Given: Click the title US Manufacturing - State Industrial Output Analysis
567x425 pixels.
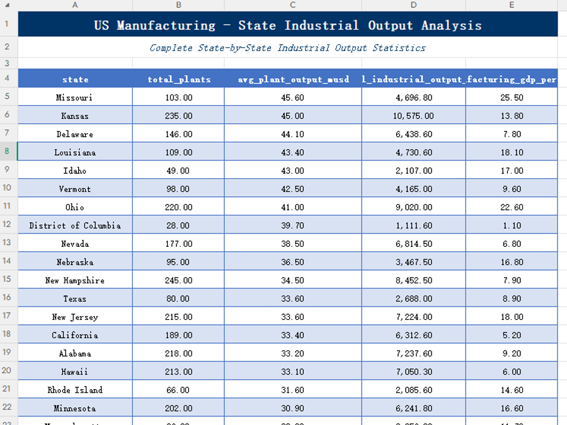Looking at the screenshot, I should coord(288,25).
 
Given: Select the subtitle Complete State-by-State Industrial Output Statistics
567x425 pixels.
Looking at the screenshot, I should coord(288,48).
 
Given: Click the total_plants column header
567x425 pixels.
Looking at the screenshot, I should coord(179,79).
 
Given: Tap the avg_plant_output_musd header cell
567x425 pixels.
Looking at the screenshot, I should coord(293,79).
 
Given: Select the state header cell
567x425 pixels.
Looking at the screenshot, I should coord(75,79).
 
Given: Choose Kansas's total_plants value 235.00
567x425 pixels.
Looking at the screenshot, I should coord(179,116).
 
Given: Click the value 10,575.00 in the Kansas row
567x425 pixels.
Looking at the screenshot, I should coord(414,116).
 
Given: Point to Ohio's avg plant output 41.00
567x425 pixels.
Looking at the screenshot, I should coord(293,207).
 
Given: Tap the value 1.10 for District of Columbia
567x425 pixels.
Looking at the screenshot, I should coord(512,225).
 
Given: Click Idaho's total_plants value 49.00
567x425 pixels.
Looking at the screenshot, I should coord(179,171).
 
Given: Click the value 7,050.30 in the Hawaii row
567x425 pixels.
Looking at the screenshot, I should coord(414,371).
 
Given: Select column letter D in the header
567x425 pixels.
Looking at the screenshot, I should coord(414,5).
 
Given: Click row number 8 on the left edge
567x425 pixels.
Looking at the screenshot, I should coord(8,152).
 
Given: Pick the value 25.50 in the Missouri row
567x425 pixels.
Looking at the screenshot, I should coord(512,98).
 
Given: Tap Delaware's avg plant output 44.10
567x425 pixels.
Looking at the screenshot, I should coord(293,134).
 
